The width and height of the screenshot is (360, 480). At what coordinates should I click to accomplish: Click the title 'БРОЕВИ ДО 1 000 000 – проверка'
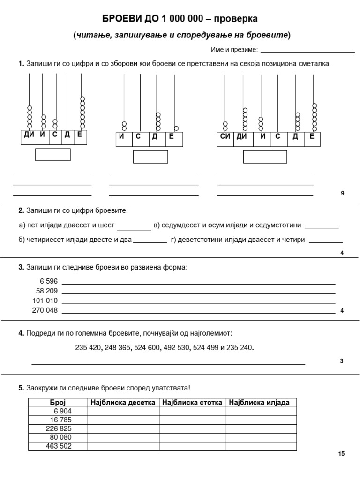[x=180, y=19]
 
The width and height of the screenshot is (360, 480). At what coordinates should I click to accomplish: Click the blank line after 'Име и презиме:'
[x=307, y=50]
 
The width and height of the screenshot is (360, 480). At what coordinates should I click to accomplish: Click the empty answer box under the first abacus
[x=53, y=154]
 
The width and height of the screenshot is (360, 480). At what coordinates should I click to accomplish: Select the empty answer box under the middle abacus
[x=150, y=157]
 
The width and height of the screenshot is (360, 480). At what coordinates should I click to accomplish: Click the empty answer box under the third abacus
[x=265, y=157]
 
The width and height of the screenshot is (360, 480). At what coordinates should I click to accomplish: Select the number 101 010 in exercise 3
[x=45, y=300]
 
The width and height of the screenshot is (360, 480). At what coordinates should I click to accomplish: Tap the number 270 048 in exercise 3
[x=45, y=310]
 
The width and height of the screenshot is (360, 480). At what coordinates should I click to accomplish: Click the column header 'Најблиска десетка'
[x=123, y=403]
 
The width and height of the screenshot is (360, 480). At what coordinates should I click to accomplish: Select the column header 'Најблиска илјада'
[x=261, y=403]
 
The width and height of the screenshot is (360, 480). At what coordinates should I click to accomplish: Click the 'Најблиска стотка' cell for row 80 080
[x=192, y=437]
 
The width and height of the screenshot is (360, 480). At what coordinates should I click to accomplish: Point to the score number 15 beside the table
[x=341, y=454]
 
